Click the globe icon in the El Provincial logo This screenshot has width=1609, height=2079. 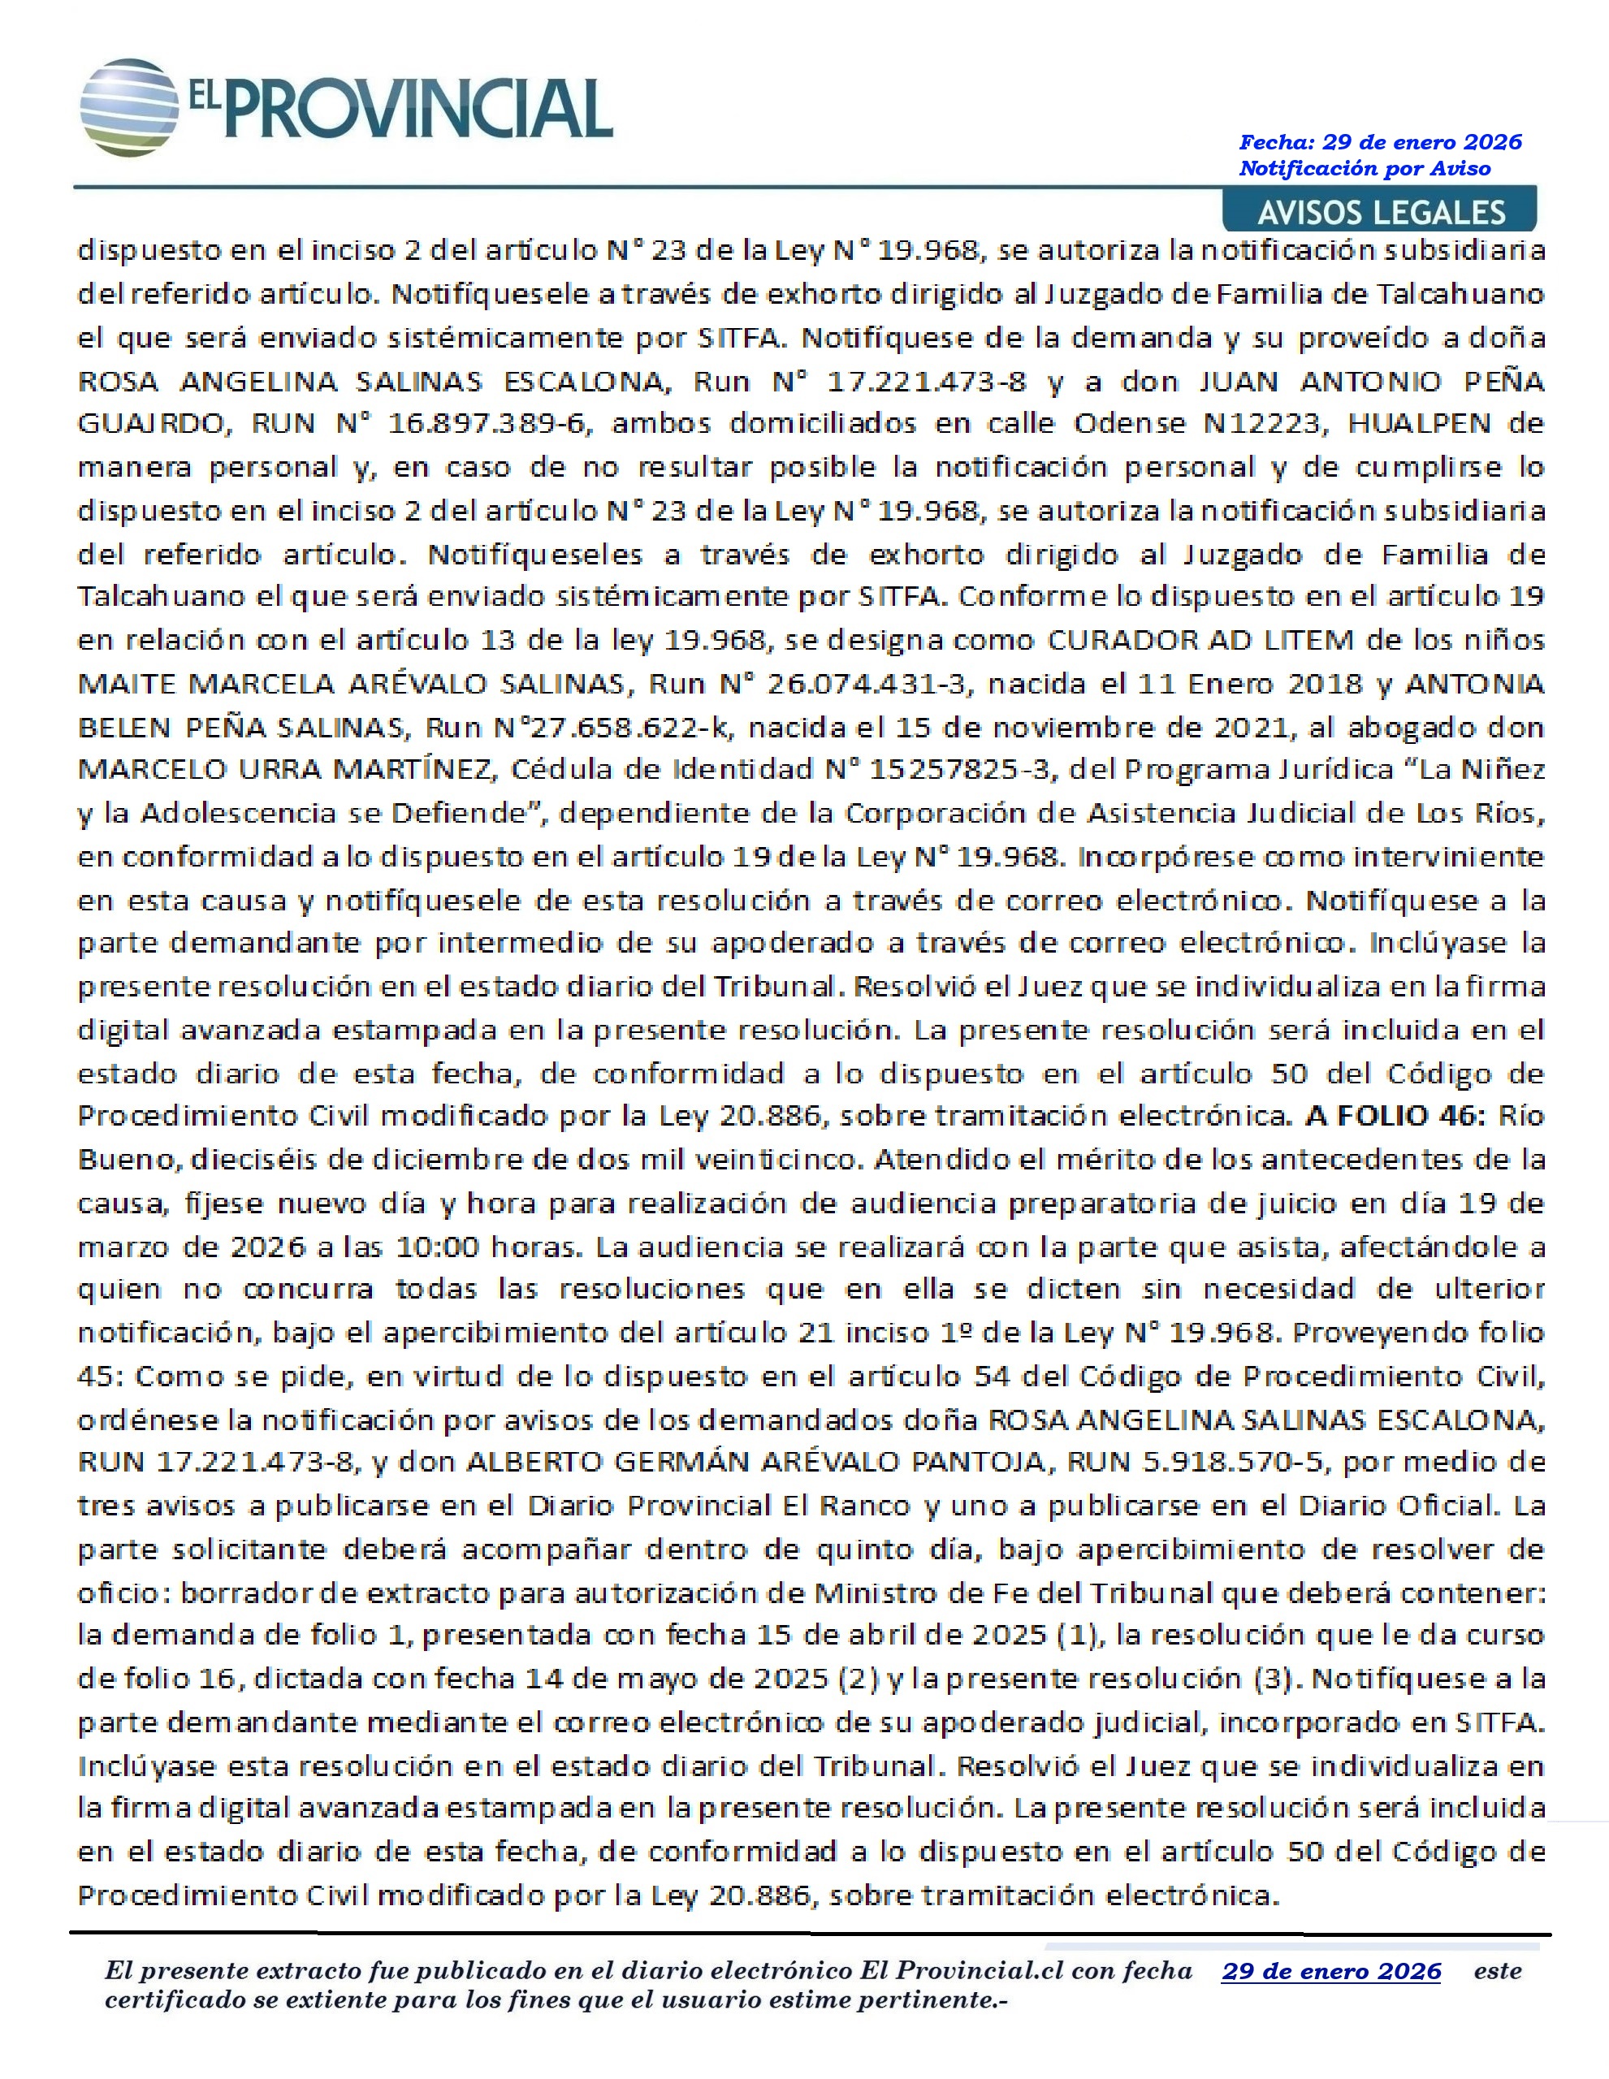click(x=128, y=106)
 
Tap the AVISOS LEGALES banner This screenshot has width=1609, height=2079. click(x=1381, y=211)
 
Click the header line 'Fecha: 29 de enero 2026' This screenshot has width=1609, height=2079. click(x=1380, y=143)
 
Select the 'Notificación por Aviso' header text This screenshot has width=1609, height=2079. click(x=1364, y=168)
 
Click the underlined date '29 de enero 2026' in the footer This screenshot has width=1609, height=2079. click(x=1331, y=1970)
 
